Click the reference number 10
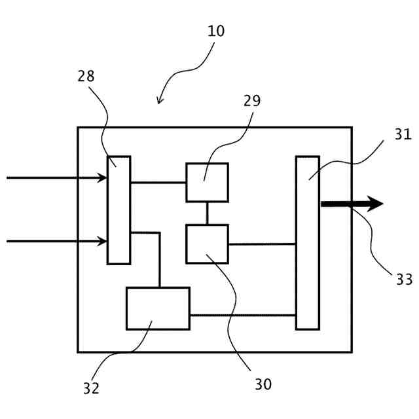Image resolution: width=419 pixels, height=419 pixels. click(x=215, y=31)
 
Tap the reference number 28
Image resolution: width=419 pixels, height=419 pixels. click(x=86, y=77)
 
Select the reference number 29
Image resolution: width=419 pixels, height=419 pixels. click(x=251, y=101)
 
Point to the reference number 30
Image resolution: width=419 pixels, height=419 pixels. click(x=263, y=384)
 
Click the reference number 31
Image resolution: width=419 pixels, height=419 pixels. click(x=403, y=135)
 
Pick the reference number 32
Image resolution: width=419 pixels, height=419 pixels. click(x=91, y=388)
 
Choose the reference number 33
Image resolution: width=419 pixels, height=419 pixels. click(x=404, y=280)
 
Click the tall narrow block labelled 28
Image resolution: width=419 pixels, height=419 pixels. click(x=118, y=209)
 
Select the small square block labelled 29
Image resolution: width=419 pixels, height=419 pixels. click(x=207, y=182)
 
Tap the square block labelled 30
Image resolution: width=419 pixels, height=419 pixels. click(x=207, y=244)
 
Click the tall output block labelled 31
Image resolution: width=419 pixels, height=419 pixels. click(x=307, y=242)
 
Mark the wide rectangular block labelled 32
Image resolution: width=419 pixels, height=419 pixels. click(x=158, y=308)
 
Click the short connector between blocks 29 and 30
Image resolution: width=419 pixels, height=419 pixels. click(x=207, y=213)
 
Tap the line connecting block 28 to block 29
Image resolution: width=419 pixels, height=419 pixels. click(x=158, y=182)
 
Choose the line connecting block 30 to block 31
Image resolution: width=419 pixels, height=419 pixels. click(x=262, y=244)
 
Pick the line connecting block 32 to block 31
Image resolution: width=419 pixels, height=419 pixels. click(x=242, y=316)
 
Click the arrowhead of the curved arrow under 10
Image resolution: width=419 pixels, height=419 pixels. click(x=159, y=101)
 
